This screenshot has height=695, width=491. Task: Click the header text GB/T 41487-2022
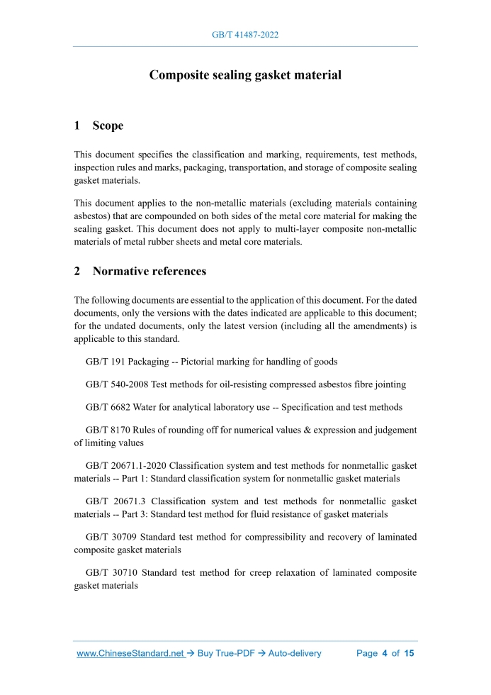point(245,34)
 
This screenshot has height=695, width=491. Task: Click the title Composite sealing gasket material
point(245,74)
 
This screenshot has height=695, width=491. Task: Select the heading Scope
point(108,126)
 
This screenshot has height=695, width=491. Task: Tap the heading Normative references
point(149,271)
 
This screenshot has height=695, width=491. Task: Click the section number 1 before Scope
point(77,126)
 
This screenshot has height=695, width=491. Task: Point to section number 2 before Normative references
point(77,271)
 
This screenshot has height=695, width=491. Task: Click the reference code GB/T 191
point(106,362)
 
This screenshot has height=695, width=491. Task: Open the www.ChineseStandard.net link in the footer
point(130,653)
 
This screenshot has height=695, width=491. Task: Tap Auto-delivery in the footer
point(295,653)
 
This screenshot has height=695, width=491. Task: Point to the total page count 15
point(409,653)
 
